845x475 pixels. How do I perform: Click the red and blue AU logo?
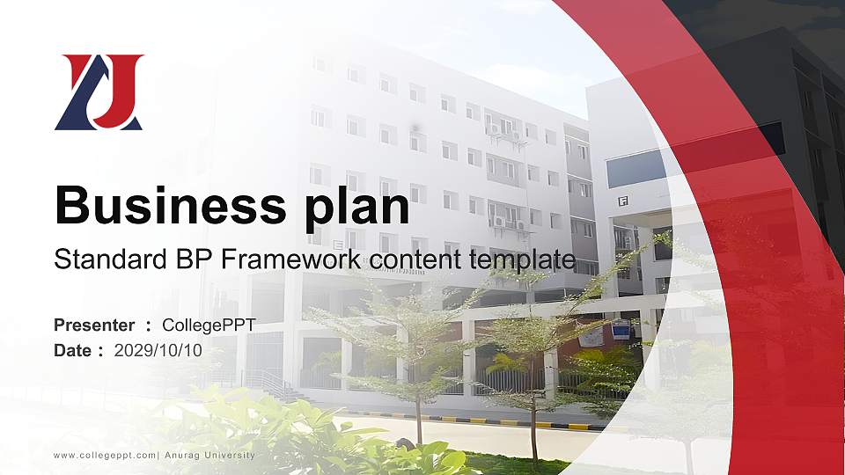pos(99,92)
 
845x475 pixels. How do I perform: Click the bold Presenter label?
pos(94,325)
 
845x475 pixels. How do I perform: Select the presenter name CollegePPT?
pos(209,325)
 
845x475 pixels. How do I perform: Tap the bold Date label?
pos(72,350)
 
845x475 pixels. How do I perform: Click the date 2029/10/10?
pos(158,350)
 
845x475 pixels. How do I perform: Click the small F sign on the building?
pos(622,201)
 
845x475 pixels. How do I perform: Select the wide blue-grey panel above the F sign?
pos(636,167)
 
